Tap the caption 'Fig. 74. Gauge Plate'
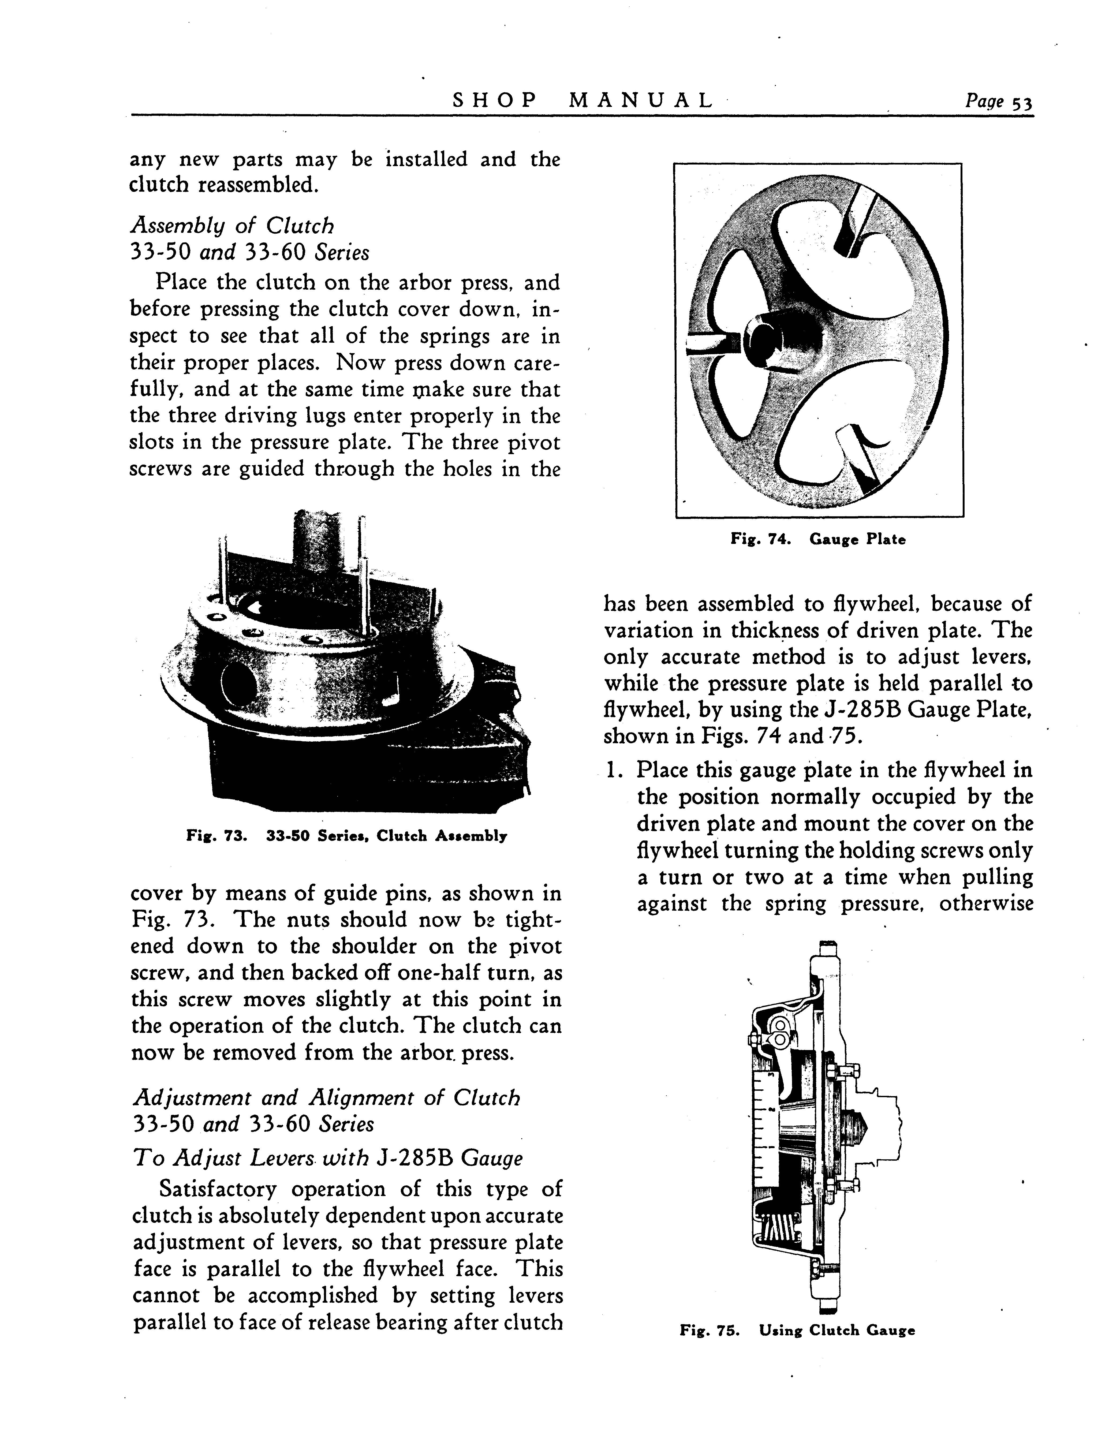(x=817, y=539)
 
